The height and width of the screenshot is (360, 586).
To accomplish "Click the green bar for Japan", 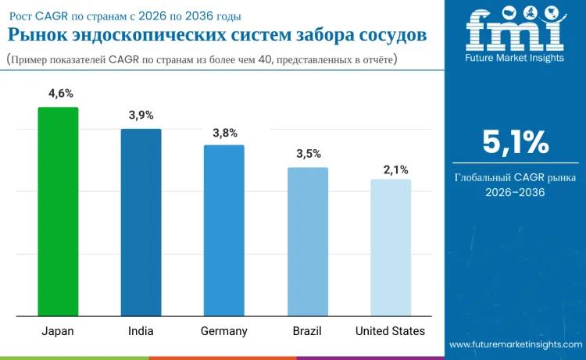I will click(59, 212).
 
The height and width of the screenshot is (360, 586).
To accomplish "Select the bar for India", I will click(141, 223).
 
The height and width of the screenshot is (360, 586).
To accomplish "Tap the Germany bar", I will click(224, 230).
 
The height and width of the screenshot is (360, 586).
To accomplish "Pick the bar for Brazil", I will click(308, 242).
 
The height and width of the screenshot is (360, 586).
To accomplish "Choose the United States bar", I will click(391, 248).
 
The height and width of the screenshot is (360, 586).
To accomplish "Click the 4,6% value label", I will click(60, 94).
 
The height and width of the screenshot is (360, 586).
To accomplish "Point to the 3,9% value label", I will click(141, 116).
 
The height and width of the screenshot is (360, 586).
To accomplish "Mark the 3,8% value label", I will click(225, 132).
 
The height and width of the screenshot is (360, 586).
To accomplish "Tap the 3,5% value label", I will click(308, 154).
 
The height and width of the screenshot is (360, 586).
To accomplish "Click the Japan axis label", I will click(58, 331).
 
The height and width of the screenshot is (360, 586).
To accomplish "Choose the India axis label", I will click(141, 331).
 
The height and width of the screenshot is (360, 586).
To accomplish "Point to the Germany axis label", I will click(224, 331).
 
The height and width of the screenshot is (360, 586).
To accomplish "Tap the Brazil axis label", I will click(307, 331).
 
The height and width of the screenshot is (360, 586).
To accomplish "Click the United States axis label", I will click(391, 331).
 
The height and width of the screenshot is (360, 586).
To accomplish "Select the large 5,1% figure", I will click(516, 142).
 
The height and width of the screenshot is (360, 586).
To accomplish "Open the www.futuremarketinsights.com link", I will click(516, 344).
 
